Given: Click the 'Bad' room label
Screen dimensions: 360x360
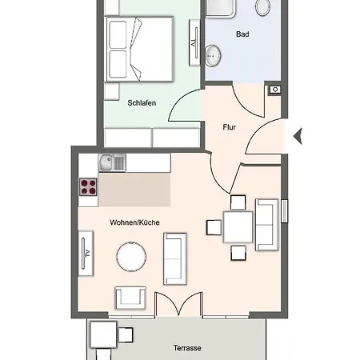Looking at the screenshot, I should [x=242, y=34].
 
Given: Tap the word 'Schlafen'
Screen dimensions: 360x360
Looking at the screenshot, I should [x=141, y=102].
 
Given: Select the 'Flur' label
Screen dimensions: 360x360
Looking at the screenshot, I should [x=229, y=126].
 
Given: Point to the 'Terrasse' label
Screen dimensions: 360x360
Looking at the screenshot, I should [x=186, y=349].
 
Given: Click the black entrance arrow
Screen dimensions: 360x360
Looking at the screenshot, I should [x=298, y=137].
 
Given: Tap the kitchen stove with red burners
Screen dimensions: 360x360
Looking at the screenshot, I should [x=88, y=188].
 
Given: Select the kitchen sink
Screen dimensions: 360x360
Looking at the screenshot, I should [x=111, y=163].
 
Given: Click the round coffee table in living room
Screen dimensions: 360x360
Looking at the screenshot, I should [x=132, y=258].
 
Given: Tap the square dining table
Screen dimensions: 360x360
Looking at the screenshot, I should [x=238, y=227].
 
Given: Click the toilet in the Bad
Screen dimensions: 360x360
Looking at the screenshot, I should [x=262, y=8].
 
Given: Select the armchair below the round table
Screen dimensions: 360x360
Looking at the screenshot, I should [x=131, y=298].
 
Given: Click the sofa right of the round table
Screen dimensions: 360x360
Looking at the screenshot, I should [x=174, y=258].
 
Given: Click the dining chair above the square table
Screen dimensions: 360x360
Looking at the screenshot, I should [x=238, y=202].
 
